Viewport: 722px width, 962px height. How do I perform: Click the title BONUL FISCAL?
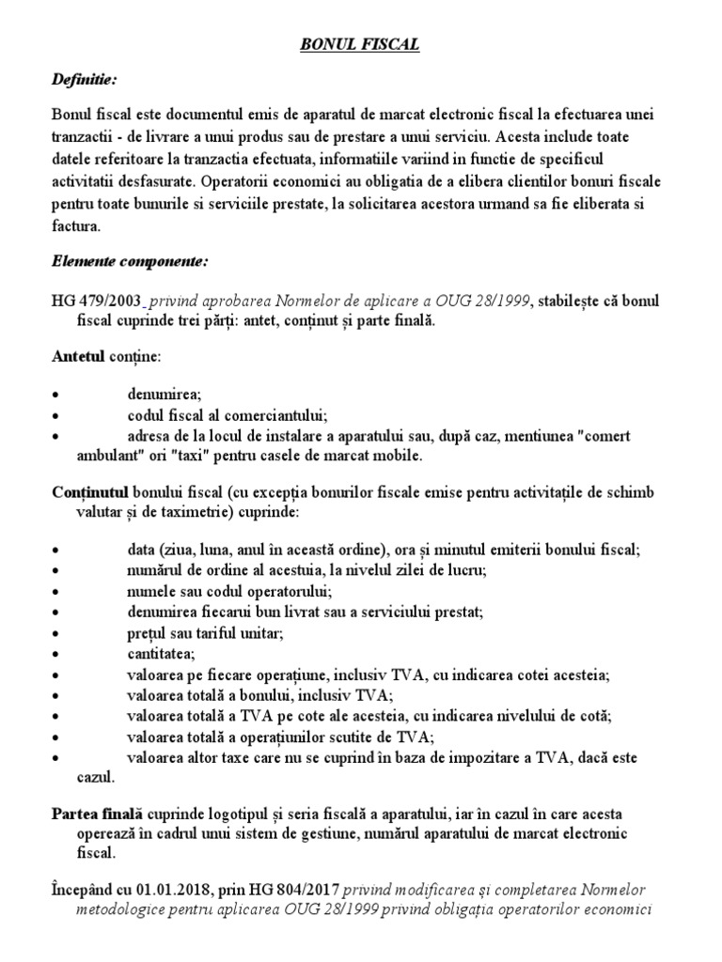coord(361,44)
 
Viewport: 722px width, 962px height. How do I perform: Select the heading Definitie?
coord(86,80)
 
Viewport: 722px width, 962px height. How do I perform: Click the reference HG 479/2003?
coord(97,301)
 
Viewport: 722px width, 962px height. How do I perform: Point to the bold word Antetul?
coord(77,357)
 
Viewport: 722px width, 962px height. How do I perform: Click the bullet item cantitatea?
coord(161,653)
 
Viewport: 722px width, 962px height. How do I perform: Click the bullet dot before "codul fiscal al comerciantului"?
coord(57,414)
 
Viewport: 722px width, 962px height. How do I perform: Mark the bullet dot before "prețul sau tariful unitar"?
coord(57,633)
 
